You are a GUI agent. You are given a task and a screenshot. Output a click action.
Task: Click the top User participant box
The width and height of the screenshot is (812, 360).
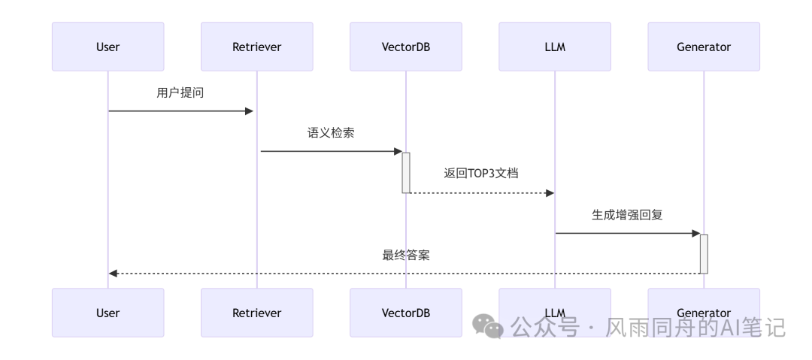(x=108, y=47)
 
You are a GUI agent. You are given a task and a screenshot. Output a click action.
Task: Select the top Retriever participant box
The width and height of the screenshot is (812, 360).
(x=256, y=47)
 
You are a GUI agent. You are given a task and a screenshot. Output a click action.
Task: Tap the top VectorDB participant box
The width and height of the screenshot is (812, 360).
(x=405, y=47)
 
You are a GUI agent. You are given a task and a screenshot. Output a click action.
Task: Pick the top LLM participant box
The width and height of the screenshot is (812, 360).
(x=554, y=47)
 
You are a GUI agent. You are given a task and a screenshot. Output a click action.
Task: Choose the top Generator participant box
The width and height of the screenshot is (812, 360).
(x=704, y=47)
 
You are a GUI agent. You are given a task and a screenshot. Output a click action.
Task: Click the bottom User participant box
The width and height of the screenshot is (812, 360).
(x=108, y=313)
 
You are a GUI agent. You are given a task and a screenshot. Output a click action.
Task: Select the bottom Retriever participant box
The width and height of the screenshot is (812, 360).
(x=256, y=313)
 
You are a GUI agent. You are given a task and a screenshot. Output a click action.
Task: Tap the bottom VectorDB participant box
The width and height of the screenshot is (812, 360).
(x=405, y=313)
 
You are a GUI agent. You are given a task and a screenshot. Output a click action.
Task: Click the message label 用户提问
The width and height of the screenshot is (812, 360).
(x=180, y=93)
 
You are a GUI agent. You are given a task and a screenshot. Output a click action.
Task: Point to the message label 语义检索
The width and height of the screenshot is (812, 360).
(x=331, y=133)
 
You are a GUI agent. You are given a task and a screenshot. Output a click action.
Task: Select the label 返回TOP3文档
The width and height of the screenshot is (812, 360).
(x=480, y=173)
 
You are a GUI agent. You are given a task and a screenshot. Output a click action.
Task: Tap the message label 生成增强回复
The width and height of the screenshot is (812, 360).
(x=627, y=214)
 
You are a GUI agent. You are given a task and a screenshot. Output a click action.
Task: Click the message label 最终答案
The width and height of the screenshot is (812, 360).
(x=406, y=255)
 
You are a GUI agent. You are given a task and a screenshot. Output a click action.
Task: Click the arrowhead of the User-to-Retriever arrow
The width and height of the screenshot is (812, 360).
(x=249, y=111)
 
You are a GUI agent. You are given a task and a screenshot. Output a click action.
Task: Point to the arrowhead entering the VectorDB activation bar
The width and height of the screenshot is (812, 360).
(x=398, y=151)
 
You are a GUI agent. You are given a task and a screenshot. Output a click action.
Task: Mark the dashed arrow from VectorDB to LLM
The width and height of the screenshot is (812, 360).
(x=481, y=193)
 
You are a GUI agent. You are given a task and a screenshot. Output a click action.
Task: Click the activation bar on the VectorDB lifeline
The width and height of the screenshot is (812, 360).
(x=406, y=172)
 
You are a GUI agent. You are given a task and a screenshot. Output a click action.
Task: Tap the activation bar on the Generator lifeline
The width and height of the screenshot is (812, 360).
(x=704, y=253)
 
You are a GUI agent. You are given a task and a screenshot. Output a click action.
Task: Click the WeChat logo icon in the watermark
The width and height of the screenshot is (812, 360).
(x=488, y=327)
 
